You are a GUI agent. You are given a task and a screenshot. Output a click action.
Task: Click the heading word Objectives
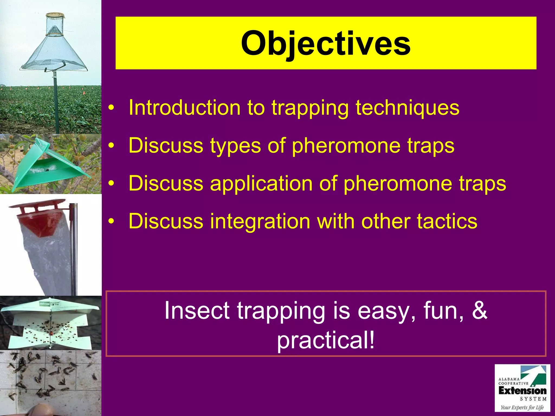tap(325, 43)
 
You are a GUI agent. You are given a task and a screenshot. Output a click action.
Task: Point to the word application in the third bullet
tap(261, 183)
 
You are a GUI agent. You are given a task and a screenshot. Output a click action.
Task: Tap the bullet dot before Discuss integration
tap(111, 222)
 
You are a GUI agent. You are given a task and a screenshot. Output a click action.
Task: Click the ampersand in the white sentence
tap(479, 310)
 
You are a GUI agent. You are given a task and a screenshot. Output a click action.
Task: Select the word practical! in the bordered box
tap(326, 340)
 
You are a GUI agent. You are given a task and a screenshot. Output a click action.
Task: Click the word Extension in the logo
tap(522, 391)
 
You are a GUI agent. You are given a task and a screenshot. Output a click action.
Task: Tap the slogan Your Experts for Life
tap(522, 407)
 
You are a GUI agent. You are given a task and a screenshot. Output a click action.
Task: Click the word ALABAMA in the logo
tap(509, 379)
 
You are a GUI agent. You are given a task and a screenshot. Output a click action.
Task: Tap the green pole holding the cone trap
tap(56, 103)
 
